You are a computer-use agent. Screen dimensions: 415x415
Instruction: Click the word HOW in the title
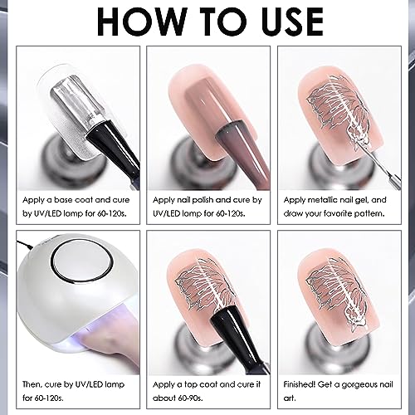click(142, 22)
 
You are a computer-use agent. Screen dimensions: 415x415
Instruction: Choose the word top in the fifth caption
click(191, 385)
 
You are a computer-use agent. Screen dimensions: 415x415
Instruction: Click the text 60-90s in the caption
click(191, 398)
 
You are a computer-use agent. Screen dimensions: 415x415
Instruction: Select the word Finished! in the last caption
click(300, 384)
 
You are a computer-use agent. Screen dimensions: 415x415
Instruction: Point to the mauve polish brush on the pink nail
click(243, 155)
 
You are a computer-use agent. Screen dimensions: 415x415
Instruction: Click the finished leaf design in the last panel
click(338, 293)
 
